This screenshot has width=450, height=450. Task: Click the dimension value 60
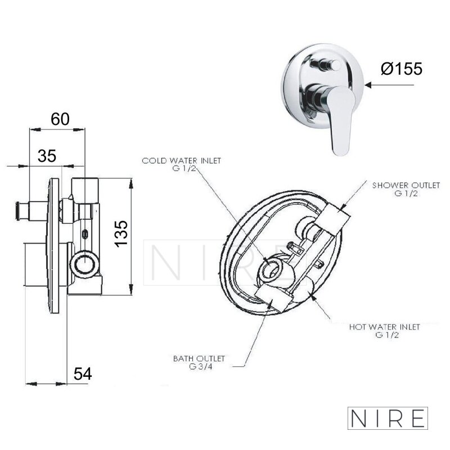coord(60,119)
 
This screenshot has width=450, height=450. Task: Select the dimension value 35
coord(47,156)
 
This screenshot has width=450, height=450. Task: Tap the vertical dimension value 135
coord(121,233)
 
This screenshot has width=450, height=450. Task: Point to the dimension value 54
coord(83,374)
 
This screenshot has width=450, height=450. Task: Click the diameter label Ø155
coord(402,69)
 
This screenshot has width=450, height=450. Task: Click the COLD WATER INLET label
coord(181,161)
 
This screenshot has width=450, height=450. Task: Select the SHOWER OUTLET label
coord(406,186)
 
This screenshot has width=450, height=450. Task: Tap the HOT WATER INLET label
coord(385,327)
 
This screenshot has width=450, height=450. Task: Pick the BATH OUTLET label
coord(199,358)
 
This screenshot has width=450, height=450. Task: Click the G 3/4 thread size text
coord(201,367)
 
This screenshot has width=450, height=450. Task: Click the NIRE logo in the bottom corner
coord(388,418)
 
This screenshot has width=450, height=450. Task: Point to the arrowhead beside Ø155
coord(369,85)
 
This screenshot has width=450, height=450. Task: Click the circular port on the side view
coord(85,264)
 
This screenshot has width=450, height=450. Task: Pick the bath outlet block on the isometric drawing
coord(272,299)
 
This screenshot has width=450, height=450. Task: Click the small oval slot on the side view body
coord(85,234)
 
